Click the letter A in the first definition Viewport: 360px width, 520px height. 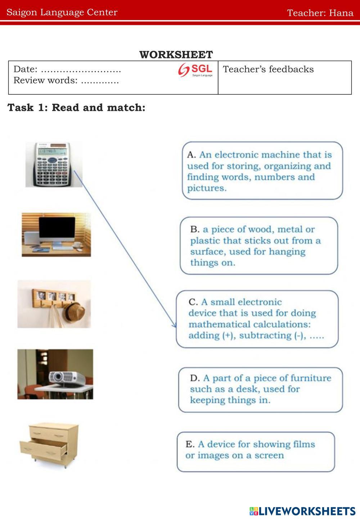pyautogui.click(x=191, y=155)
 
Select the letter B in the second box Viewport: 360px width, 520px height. pyautogui.click(x=195, y=229)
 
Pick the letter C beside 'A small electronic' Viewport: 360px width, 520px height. pyautogui.click(x=193, y=302)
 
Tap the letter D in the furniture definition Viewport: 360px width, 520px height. pyautogui.click(x=194, y=378)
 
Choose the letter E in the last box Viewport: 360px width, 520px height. pyautogui.click(x=190, y=444)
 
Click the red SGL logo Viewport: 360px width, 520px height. pyautogui.click(x=195, y=70)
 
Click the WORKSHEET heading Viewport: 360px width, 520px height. pyautogui.click(x=176, y=55)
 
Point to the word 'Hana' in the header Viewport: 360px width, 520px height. pyautogui.click(x=341, y=13)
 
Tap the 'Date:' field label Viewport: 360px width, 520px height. pyautogui.click(x=25, y=69)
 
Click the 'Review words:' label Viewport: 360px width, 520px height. pyautogui.click(x=45, y=80)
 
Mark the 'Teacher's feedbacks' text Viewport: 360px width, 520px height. pyautogui.click(x=268, y=69)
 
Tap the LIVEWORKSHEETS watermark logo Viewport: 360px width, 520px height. pyautogui.click(x=302, y=511)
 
